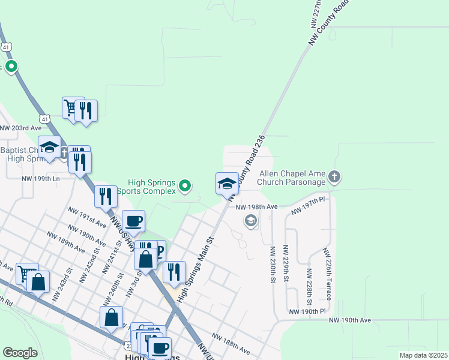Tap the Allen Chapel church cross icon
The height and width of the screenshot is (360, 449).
coord(335,178)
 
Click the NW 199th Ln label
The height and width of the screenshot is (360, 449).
coord(41,179)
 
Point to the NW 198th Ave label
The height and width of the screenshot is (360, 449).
coord(256,206)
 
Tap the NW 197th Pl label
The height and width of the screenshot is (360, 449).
coord(307,208)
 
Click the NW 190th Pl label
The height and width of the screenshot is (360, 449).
coord(307,311)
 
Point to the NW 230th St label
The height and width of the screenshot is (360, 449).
coord(273,265)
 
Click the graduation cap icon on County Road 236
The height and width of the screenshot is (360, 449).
coord(227,184)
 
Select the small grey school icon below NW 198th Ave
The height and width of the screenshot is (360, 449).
coord(250,221)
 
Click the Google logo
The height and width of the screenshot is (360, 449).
coord(20,352)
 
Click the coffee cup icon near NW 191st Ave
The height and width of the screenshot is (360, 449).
coord(134,221)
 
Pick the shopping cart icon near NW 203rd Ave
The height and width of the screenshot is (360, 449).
coord(72,109)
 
